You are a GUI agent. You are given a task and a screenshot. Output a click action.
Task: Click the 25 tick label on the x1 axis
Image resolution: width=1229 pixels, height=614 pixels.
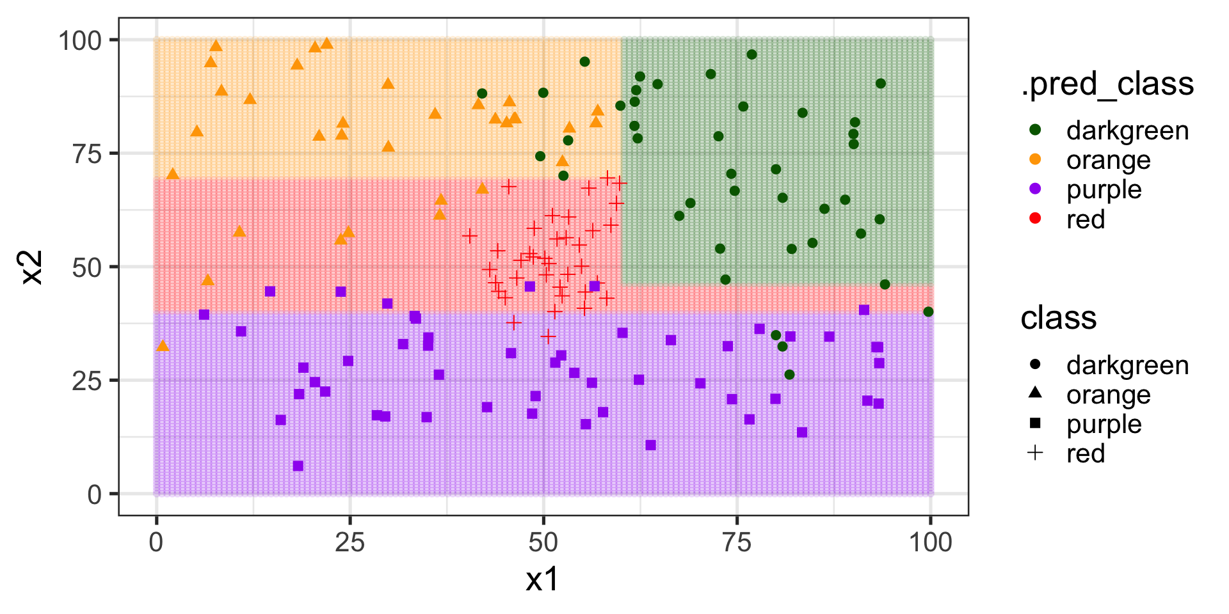tap(349, 543)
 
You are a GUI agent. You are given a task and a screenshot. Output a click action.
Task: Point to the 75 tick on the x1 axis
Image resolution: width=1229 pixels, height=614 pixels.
tap(737, 543)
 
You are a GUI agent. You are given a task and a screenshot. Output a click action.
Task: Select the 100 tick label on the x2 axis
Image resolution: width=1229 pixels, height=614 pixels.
tap(80, 40)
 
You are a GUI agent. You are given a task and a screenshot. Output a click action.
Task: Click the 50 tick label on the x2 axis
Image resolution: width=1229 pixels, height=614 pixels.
tap(87, 267)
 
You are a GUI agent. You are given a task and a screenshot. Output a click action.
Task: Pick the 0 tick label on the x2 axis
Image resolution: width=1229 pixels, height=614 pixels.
tap(94, 494)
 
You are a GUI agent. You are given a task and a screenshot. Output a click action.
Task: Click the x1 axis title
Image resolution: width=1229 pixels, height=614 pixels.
tap(542, 579)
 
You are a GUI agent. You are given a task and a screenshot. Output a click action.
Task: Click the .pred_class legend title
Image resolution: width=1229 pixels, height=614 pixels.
tap(1107, 84)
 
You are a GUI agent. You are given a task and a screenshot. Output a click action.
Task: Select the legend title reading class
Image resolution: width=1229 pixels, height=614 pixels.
tap(1058, 318)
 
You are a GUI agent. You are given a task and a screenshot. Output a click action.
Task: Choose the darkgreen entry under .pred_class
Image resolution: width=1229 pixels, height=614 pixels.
tap(1127, 130)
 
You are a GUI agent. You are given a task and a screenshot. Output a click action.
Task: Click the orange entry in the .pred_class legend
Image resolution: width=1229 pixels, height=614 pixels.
tap(1108, 160)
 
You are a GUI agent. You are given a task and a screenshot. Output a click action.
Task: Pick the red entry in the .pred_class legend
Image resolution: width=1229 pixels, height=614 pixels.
tap(1085, 219)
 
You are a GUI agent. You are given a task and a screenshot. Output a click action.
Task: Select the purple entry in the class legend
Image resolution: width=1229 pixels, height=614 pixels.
tap(1104, 424)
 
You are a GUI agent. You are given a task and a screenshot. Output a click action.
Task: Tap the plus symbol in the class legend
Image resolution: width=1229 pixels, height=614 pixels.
tap(1035, 453)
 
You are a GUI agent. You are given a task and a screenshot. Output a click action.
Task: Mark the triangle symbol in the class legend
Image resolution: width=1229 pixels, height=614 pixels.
tap(1035, 393)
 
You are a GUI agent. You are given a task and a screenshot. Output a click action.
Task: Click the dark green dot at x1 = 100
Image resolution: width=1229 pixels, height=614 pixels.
tap(928, 312)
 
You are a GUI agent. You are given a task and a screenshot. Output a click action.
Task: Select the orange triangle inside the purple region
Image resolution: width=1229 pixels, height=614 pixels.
tap(163, 346)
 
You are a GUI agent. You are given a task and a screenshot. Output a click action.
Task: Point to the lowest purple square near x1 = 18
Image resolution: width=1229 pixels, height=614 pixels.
tap(298, 466)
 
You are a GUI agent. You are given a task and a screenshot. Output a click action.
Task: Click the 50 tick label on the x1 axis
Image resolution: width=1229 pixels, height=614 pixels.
tap(543, 543)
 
